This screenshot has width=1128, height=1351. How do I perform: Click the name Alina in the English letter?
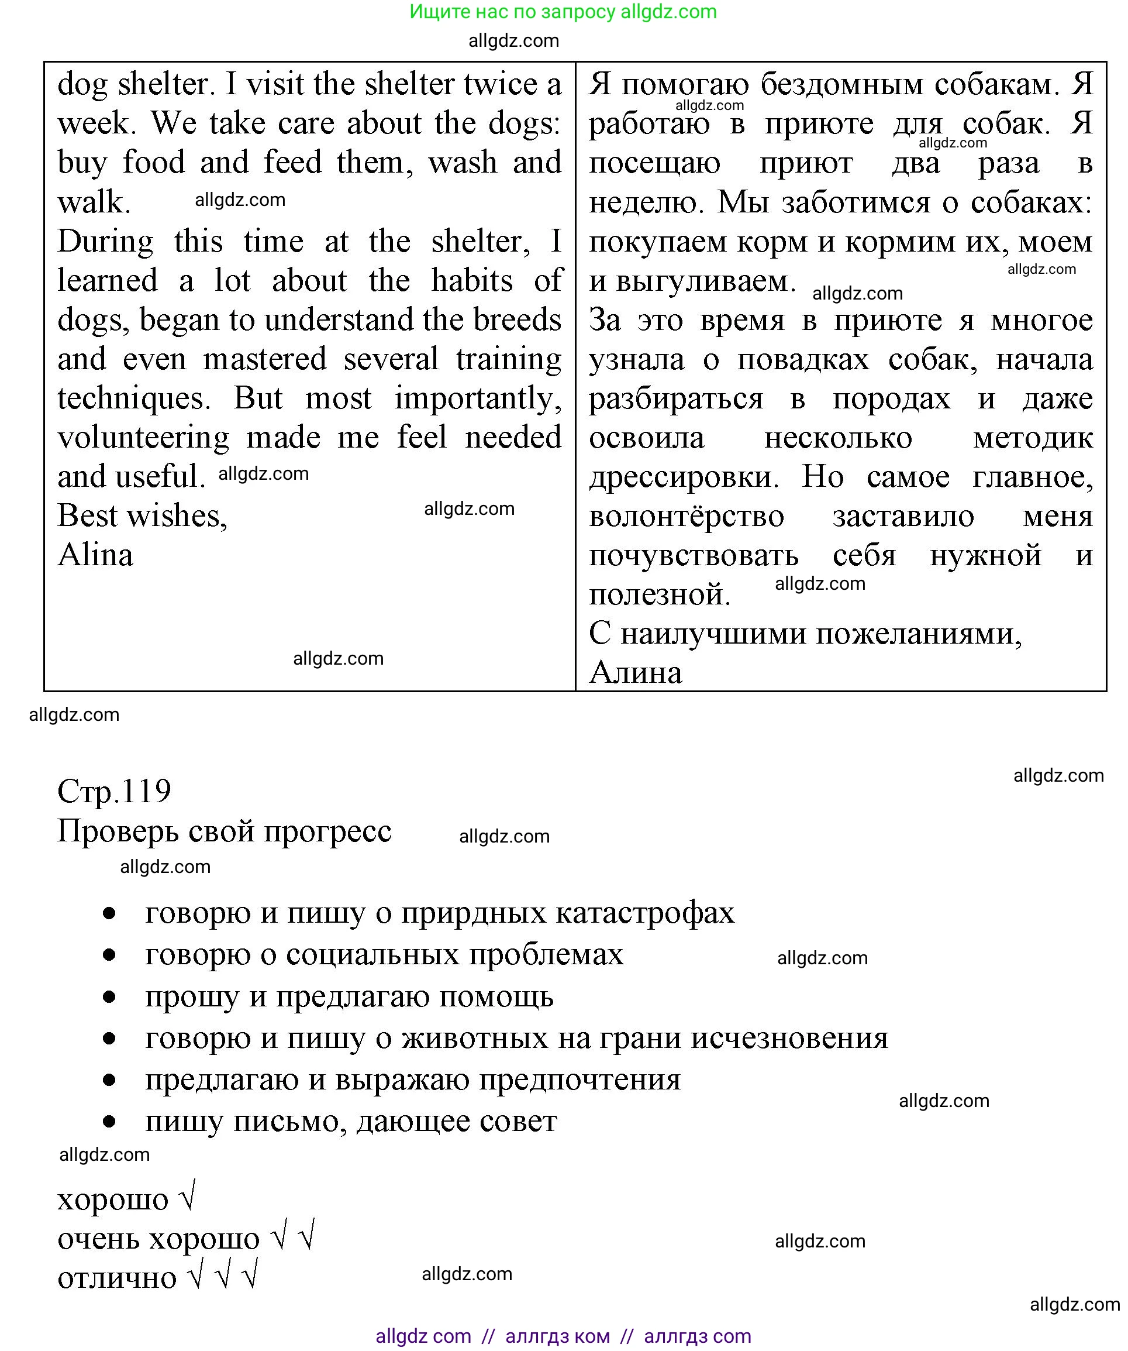point(95,555)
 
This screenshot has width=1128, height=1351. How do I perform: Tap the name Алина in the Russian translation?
point(636,673)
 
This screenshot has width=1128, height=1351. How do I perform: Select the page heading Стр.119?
point(115,791)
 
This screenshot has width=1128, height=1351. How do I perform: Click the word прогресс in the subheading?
point(327,831)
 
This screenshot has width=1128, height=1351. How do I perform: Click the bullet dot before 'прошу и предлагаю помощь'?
point(109,997)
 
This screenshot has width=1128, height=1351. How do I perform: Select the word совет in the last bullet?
point(518,1121)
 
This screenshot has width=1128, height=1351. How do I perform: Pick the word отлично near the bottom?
point(117,1278)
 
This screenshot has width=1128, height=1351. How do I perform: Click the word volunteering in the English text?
point(143,438)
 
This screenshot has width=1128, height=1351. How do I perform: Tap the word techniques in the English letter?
point(134,398)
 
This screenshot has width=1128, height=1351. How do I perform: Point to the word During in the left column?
point(105,242)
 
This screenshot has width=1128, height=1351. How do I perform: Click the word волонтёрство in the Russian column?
point(686,517)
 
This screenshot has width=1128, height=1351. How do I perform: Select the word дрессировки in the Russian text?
point(684,477)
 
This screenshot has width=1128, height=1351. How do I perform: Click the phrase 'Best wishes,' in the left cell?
point(142,516)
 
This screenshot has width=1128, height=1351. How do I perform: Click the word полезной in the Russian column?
point(659,594)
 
